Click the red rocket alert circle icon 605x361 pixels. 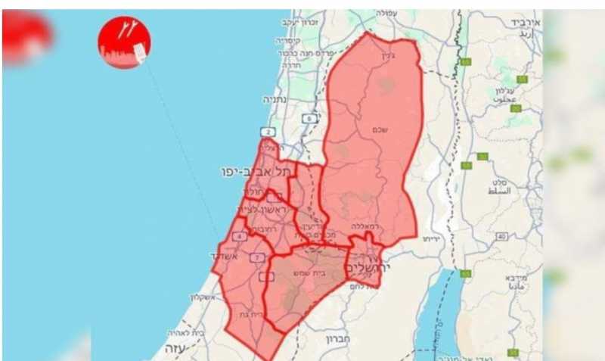[124, 41]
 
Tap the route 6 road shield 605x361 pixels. [309, 118]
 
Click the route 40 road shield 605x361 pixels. [501, 237]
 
